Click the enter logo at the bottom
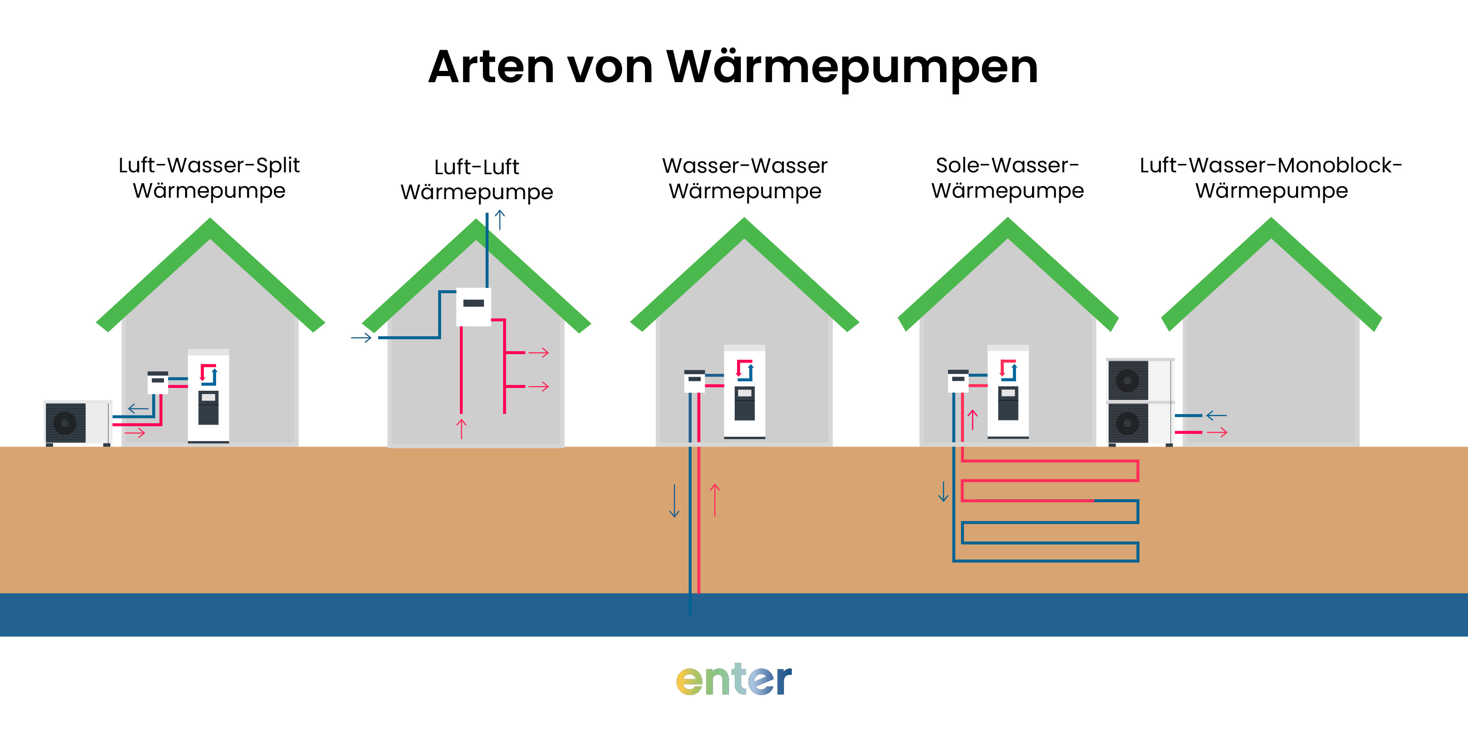(x=733, y=679)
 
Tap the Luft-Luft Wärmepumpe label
(x=476, y=179)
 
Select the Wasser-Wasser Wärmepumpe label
(x=744, y=178)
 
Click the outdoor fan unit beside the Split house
(x=77, y=423)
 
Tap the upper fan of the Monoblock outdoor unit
(x=1127, y=380)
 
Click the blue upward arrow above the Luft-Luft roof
(x=500, y=219)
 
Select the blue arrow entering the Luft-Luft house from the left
(x=361, y=338)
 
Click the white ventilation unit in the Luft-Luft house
(x=474, y=307)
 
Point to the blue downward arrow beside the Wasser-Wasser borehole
(x=674, y=501)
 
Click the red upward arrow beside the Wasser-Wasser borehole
(x=715, y=500)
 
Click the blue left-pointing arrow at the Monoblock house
(x=1216, y=415)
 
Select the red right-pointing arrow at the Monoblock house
(x=1217, y=433)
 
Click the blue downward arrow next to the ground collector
(x=943, y=491)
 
